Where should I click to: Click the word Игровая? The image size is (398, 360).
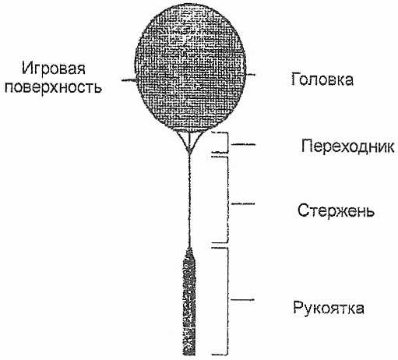(54, 69)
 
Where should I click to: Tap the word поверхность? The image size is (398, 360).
(53, 87)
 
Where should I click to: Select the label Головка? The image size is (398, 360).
(322, 79)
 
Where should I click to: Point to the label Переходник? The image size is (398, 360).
(348, 146)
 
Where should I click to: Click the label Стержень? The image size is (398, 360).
(336, 210)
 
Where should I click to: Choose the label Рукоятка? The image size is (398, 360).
(329, 308)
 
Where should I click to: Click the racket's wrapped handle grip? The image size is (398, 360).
(189, 302)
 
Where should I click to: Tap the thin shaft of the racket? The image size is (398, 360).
(189, 200)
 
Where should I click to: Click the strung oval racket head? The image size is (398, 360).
(190, 68)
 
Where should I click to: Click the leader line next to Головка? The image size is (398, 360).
(251, 75)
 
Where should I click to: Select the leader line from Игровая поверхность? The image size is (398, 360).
(129, 81)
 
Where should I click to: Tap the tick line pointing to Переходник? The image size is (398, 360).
(243, 144)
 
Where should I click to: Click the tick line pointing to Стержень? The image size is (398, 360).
(243, 204)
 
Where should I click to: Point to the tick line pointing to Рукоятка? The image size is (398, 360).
(242, 300)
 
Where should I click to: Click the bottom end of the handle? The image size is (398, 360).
(189, 355)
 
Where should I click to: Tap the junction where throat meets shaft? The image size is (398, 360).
(189, 151)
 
